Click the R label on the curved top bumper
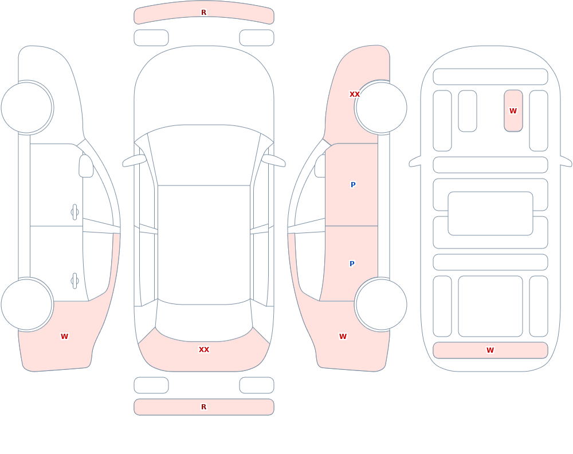click(x=203, y=13)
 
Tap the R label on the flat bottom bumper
click(x=203, y=407)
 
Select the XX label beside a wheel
click(x=355, y=94)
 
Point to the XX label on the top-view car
click(x=204, y=350)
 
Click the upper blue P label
click(x=353, y=185)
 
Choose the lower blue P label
click(x=352, y=264)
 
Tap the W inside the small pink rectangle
click(x=513, y=110)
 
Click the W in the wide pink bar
click(x=490, y=350)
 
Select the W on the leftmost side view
click(x=64, y=337)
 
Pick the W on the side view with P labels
click(x=343, y=337)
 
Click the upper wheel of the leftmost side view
click(x=27, y=108)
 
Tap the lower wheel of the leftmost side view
click(x=27, y=304)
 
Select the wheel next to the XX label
click(x=381, y=108)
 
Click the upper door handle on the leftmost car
click(x=74, y=212)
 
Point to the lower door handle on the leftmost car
click(x=74, y=281)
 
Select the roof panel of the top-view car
click(x=204, y=244)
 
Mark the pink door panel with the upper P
click(x=352, y=185)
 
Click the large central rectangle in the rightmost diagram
click(x=490, y=214)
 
